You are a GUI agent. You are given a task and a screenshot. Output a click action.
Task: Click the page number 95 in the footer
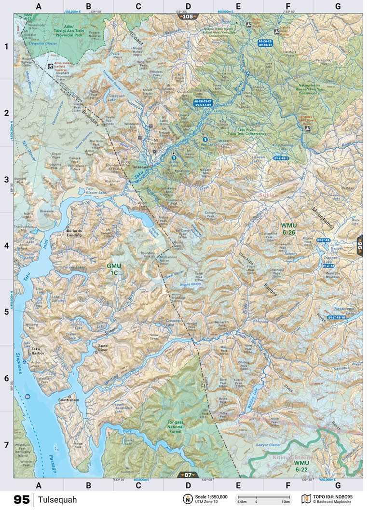click(22, 499)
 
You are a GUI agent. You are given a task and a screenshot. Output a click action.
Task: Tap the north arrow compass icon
click(186, 498)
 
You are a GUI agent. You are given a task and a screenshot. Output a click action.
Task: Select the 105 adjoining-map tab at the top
click(188, 16)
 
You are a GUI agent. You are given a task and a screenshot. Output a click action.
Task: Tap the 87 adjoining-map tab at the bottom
click(188, 475)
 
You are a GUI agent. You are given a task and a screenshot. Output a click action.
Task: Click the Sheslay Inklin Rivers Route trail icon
click(307, 129)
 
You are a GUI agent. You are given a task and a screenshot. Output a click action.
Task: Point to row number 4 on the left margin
click(7, 245)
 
